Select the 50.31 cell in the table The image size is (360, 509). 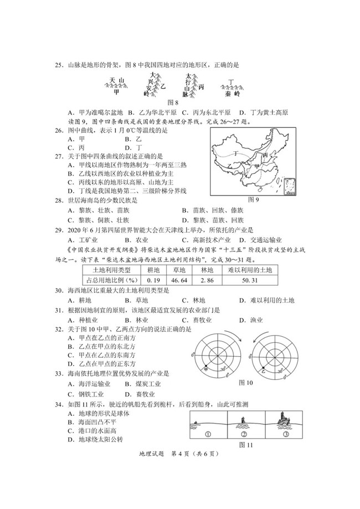(250, 281)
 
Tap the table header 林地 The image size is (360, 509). (207, 270)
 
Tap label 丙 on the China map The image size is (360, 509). (266, 156)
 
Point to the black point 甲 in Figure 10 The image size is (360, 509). (206, 367)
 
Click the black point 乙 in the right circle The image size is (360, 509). (264, 368)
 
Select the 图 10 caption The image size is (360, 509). (245, 383)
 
